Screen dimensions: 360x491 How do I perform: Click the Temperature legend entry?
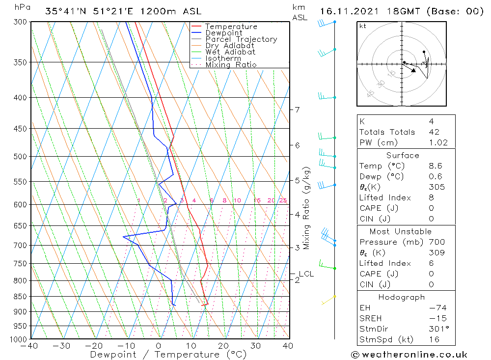[231, 27]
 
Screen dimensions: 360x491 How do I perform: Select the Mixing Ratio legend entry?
[231, 65]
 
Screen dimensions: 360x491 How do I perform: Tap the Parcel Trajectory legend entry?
[241, 39]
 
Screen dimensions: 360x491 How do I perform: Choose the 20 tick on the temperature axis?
[223, 346]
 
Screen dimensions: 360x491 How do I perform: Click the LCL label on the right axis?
[306, 274]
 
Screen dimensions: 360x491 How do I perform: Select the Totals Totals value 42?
[434, 132]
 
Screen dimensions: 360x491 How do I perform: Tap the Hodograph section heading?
[402, 297]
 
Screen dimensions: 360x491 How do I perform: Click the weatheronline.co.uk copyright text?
[409, 355]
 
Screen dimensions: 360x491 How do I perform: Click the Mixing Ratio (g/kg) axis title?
[307, 208]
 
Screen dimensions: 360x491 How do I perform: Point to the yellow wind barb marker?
[334, 296]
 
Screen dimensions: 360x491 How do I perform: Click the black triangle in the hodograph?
[413, 70]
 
